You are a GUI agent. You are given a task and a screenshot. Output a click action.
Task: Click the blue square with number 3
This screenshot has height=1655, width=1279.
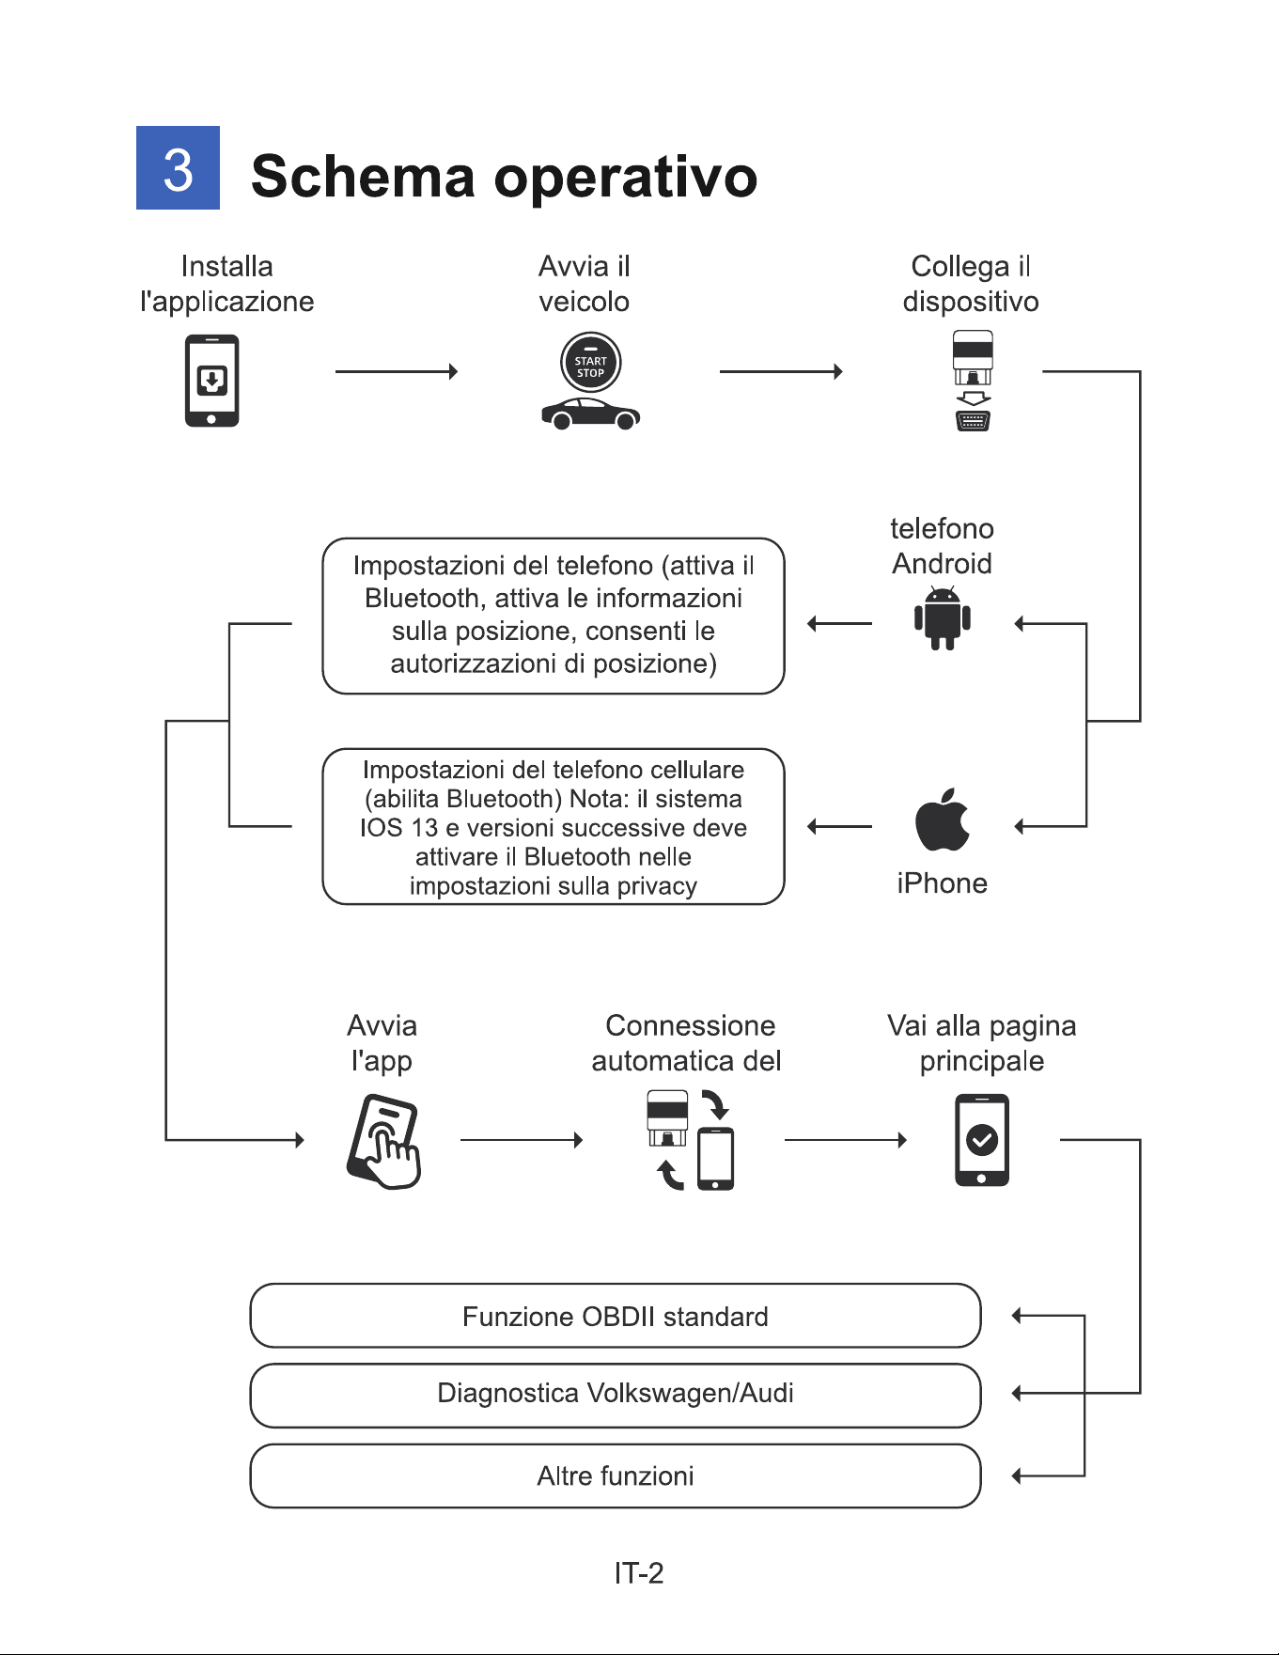[x=178, y=167]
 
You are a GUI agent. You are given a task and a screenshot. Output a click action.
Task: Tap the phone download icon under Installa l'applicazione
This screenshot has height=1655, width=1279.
[x=211, y=381]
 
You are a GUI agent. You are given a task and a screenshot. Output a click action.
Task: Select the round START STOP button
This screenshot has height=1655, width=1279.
[x=590, y=363]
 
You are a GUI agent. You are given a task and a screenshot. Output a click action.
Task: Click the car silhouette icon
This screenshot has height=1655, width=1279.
[x=591, y=414]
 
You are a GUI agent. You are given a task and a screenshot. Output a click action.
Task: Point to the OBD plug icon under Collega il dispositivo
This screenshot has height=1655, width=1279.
[x=973, y=381]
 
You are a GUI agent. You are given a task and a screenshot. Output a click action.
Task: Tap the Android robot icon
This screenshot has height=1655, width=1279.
[x=943, y=617]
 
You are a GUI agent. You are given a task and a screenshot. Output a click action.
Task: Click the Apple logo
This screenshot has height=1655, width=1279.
[x=943, y=820]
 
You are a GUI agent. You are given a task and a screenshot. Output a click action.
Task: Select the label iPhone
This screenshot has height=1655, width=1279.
[x=942, y=883]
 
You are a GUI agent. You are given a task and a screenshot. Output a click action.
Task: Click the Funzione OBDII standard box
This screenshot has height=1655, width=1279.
[x=616, y=1316]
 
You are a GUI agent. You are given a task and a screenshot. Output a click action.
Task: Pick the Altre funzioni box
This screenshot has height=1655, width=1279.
[x=616, y=1475]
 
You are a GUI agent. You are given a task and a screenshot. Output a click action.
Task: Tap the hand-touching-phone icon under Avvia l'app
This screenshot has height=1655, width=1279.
[x=383, y=1141]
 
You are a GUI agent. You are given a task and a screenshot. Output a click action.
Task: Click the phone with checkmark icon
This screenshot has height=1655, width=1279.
[x=982, y=1140]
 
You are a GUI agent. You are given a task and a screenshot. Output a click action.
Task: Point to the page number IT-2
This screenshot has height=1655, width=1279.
[x=639, y=1573]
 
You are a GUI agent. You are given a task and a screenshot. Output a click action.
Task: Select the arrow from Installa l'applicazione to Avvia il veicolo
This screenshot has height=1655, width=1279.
[x=397, y=372]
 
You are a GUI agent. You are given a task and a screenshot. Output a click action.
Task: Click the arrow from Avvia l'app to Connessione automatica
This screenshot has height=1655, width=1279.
[x=522, y=1140]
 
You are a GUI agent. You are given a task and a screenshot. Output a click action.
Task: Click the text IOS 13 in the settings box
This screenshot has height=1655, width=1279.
[x=398, y=828]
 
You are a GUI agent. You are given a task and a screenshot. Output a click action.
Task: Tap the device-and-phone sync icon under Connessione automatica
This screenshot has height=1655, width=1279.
[x=691, y=1140]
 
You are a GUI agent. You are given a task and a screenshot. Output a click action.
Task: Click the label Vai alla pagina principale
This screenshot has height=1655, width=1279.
[x=982, y=1043]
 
